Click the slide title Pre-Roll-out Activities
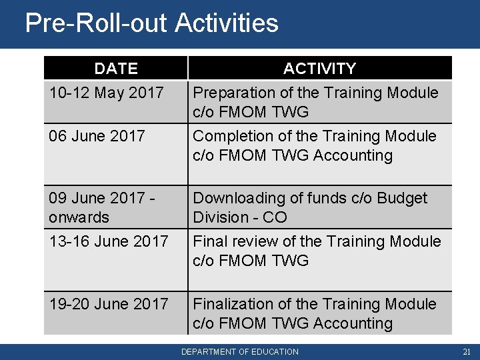151,23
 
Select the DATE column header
116,69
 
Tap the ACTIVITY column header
319,69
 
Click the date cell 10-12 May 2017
106,92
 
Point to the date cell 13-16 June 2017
108,241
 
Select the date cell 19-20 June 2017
108,304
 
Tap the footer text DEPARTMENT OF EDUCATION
240,351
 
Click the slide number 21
466,351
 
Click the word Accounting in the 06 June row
357,155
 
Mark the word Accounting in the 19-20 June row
357,323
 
